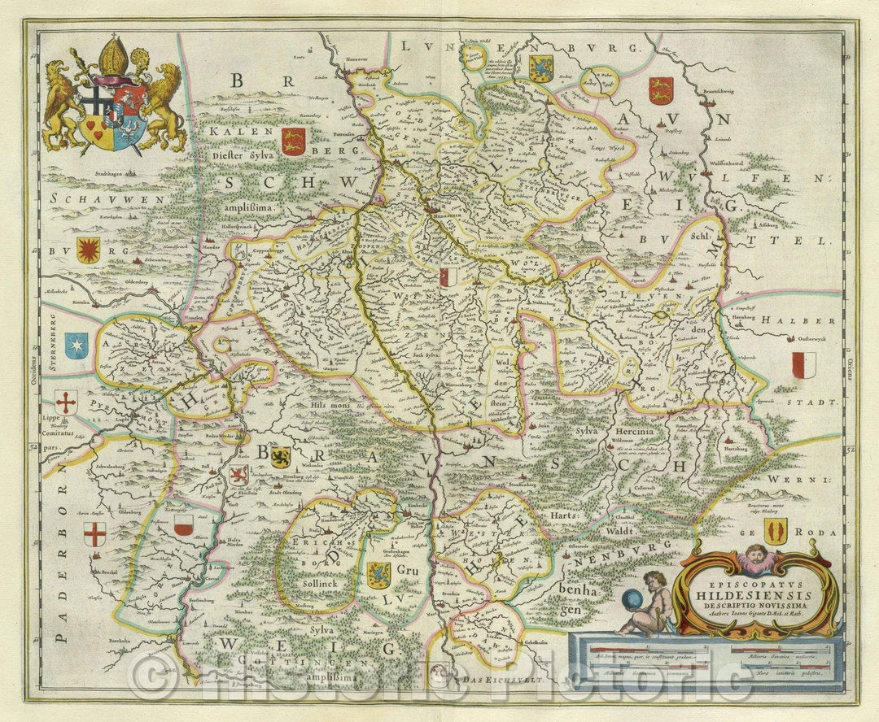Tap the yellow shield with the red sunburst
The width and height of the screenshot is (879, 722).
[x=87, y=250]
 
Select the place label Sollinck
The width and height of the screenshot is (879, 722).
[x=310, y=584]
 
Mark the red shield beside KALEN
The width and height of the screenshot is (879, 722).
[x=292, y=140]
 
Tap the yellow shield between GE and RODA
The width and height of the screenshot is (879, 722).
[x=776, y=533]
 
